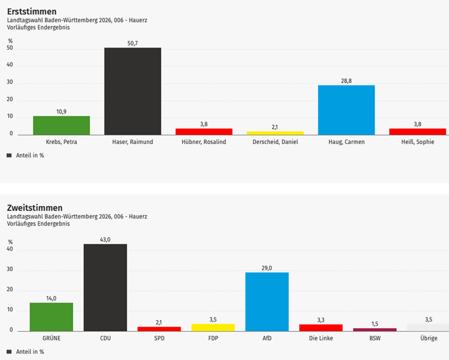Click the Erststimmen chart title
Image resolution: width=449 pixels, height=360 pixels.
32,11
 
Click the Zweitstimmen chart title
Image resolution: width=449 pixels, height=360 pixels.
35,207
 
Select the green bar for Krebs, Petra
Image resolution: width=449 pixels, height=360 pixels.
61,125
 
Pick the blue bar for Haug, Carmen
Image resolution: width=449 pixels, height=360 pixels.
346,110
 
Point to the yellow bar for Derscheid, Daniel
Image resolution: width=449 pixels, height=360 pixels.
275,133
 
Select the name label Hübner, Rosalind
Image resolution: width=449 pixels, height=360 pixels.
204,142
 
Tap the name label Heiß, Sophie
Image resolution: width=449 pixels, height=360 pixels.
417,142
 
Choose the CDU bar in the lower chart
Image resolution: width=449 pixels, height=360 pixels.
105,287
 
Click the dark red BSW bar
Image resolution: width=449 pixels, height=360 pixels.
374,329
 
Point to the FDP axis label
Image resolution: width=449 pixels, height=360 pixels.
213,338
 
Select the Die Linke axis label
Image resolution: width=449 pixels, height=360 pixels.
321,338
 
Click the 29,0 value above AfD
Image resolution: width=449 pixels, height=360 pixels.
267,268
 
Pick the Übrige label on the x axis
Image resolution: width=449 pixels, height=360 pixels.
428,338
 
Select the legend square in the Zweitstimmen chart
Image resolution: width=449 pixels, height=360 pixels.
10,352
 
